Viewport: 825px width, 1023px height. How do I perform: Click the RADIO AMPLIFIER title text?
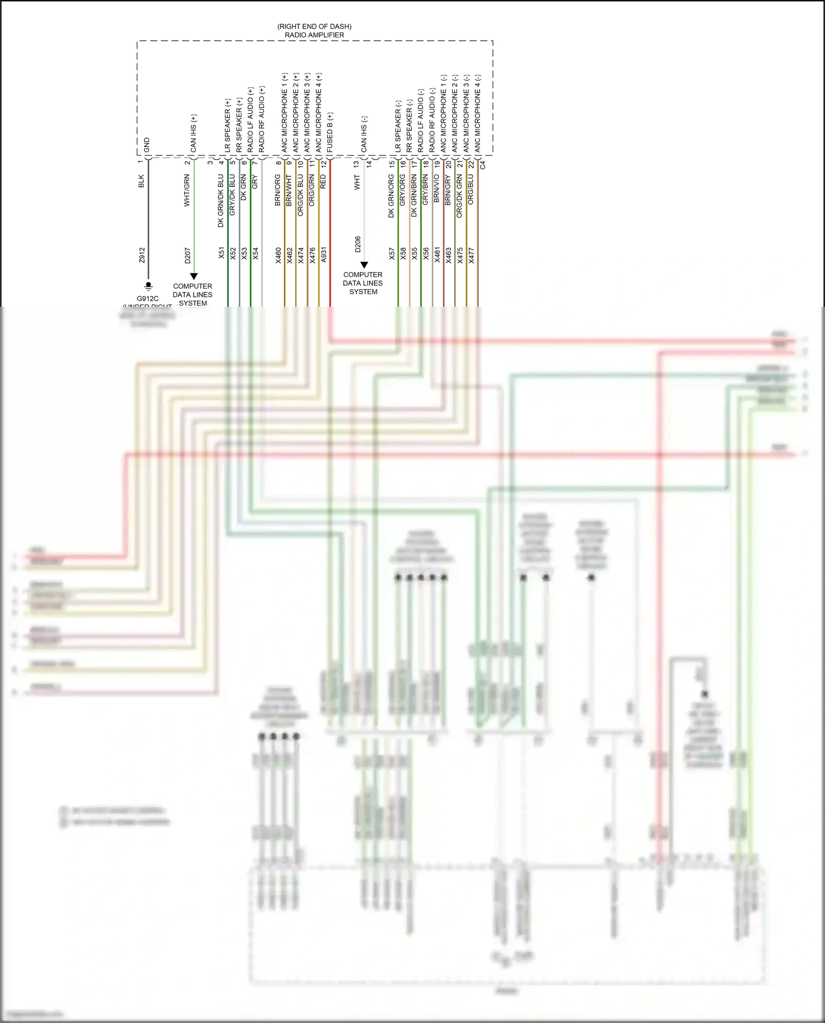pyautogui.click(x=314, y=35)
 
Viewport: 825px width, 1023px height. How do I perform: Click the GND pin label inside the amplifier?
pyautogui.click(x=147, y=145)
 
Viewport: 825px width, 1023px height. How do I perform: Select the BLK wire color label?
pyautogui.click(x=141, y=181)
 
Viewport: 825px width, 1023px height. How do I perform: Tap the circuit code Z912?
pyautogui.click(x=142, y=255)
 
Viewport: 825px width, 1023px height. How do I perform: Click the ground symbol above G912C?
pyautogui.click(x=148, y=286)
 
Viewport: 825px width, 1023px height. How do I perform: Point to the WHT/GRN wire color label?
pyautogui.click(x=187, y=191)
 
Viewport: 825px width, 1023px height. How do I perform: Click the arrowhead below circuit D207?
pyautogui.click(x=194, y=277)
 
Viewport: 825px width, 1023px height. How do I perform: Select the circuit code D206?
pyautogui.click(x=358, y=244)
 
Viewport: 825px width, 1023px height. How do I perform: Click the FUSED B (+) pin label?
pyautogui.click(x=330, y=132)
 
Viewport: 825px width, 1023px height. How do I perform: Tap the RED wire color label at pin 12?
pyautogui.click(x=323, y=181)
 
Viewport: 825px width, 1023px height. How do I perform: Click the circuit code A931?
pyautogui.click(x=323, y=255)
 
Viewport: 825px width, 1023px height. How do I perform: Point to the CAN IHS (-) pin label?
pyautogui.click(x=364, y=134)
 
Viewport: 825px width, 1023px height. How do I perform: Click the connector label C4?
pyautogui.click(x=483, y=164)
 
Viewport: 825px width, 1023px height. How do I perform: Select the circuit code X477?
pyautogui.click(x=471, y=255)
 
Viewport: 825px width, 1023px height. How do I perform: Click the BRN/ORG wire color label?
pyautogui.click(x=278, y=190)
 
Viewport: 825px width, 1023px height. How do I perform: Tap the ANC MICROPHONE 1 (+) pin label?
pyautogui.click(x=284, y=113)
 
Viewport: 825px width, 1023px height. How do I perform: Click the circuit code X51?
pyautogui.click(x=222, y=253)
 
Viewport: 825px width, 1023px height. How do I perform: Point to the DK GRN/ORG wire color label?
pyautogui.click(x=392, y=196)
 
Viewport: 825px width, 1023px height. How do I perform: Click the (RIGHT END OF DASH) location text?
pyautogui.click(x=314, y=26)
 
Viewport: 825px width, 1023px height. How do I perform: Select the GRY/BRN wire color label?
pyautogui.click(x=425, y=190)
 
